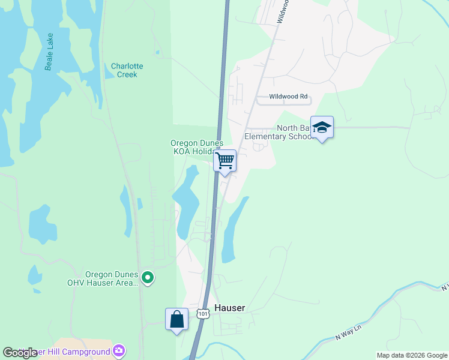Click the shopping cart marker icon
224,160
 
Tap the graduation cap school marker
322,127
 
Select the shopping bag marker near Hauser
177,319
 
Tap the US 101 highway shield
203,314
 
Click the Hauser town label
229,308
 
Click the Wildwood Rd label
288,96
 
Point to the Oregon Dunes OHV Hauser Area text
112,278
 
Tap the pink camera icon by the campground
119,350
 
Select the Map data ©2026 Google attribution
411,355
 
